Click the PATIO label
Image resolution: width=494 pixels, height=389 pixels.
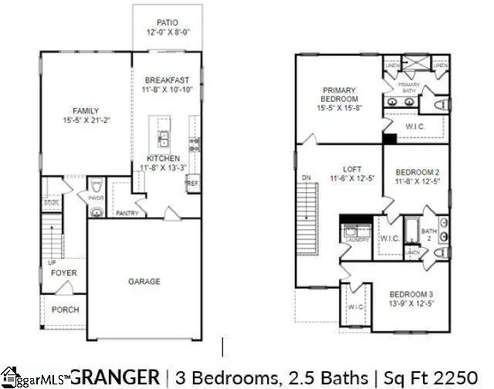[x=167, y=23]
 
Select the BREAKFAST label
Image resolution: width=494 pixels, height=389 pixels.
[x=166, y=79]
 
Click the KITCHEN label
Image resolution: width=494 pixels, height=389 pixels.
[x=164, y=158]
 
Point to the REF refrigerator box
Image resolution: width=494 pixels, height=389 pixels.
[x=191, y=184]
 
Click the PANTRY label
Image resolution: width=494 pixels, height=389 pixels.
[x=127, y=212]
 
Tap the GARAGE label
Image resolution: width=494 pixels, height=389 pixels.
[x=144, y=282]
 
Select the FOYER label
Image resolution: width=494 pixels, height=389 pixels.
[x=64, y=273]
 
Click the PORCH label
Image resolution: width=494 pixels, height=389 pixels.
[x=65, y=310]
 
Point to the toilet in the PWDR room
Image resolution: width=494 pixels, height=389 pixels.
[x=96, y=209]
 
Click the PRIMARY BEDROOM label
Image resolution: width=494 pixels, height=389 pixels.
[x=340, y=95]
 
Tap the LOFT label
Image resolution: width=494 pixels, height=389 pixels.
[x=352, y=168]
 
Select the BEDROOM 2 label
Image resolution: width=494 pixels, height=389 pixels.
[x=417, y=171]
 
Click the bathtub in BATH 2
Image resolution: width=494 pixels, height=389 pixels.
[x=411, y=231]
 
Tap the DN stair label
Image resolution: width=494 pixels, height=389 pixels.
[x=306, y=177]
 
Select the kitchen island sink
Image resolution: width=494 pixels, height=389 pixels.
[x=164, y=139]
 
